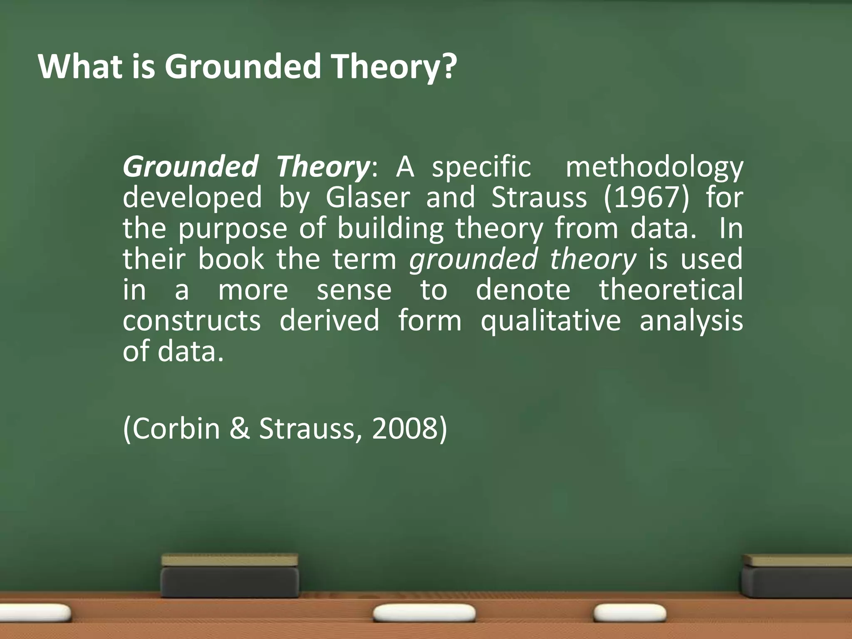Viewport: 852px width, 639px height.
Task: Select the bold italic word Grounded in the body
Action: pyautogui.click(x=190, y=166)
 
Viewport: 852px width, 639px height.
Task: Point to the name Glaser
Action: pyautogui.click(x=368, y=197)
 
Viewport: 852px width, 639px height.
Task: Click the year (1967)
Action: pyautogui.click(x=646, y=197)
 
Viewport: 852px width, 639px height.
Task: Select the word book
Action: pyautogui.click(x=231, y=259)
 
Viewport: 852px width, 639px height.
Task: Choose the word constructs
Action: pyautogui.click(x=192, y=320)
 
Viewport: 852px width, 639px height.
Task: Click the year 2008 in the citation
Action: pyautogui.click(x=405, y=428)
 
